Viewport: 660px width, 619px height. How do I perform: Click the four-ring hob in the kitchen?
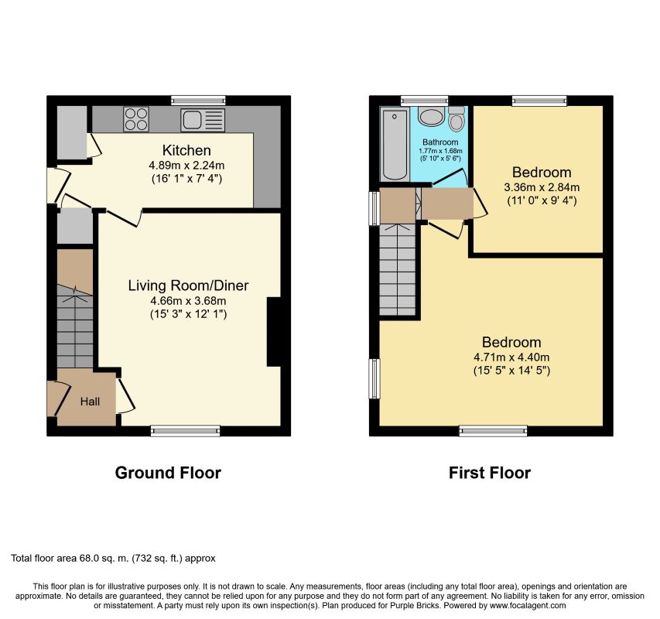(x=136, y=119)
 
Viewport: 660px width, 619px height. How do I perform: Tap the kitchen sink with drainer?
(x=203, y=120)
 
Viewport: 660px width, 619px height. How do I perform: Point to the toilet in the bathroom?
(x=457, y=118)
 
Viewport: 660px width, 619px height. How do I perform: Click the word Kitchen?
(x=186, y=150)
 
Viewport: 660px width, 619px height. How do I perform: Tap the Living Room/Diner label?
(x=188, y=286)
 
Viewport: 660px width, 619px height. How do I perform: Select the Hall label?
(x=90, y=402)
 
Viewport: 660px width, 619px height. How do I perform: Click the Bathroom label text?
(x=440, y=142)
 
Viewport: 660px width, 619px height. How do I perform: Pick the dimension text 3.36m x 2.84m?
(x=542, y=187)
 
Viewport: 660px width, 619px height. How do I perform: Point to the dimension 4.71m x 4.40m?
(x=511, y=357)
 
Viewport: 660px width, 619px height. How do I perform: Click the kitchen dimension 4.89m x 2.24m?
(x=186, y=166)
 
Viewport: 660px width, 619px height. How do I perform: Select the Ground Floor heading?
(x=168, y=473)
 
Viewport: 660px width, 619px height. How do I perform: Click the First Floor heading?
(x=490, y=473)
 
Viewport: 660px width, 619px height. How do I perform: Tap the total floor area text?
(x=113, y=559)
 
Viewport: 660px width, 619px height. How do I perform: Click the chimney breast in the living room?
(x=274, y=332)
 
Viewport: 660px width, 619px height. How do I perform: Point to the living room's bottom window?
(x=186, y=430)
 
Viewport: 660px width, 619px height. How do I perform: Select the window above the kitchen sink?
(x=199, y=100)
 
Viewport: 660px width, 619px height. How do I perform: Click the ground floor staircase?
(x=75, y=326)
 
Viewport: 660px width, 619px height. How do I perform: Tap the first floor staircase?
(x=398, y=269)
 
